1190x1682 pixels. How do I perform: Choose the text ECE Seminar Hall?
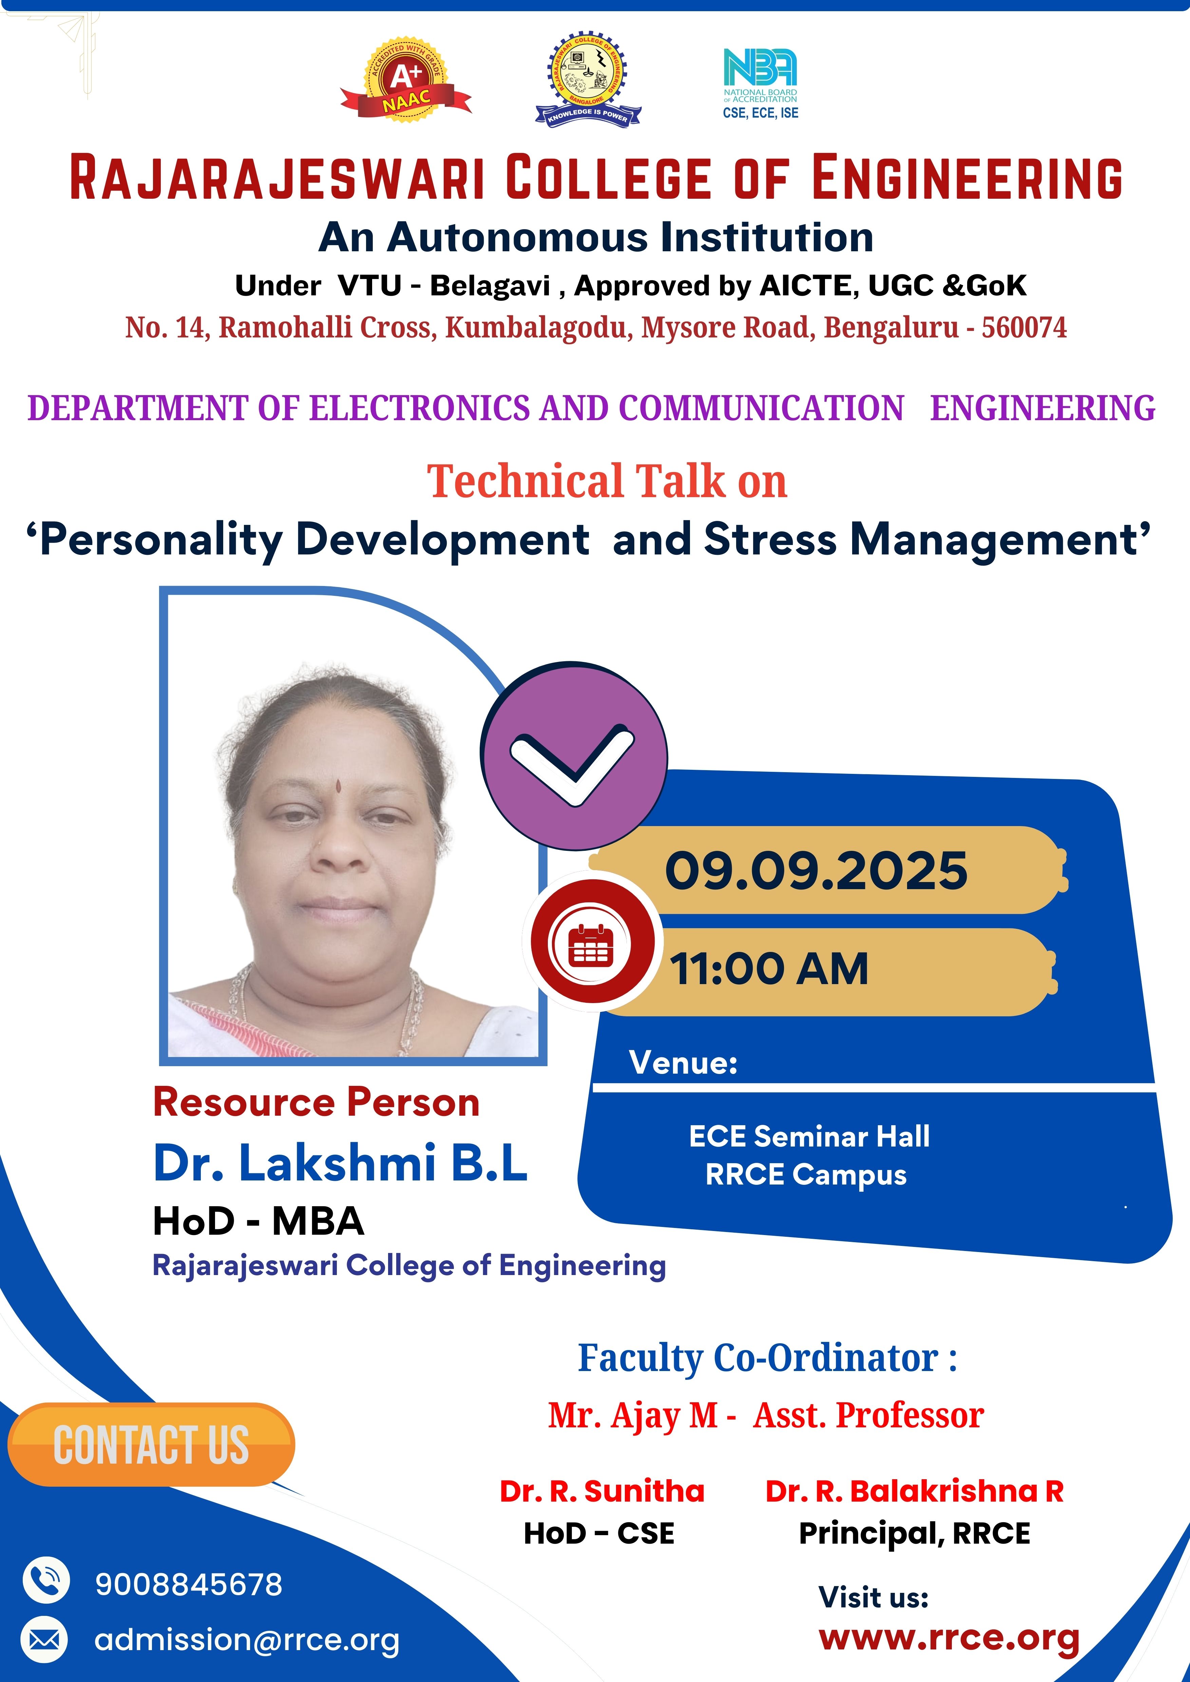pyautogui.click(x=809, y=1135)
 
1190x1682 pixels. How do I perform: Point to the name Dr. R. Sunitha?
pyautogui.click(x=601, y=1491)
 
